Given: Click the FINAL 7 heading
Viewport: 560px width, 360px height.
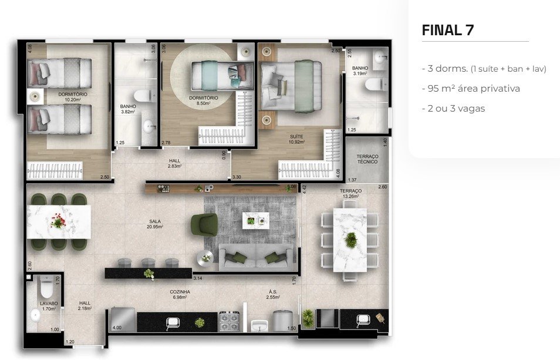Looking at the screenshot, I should tap(448, 31).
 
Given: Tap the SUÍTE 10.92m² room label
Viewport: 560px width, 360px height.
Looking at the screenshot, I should tap(296, 139).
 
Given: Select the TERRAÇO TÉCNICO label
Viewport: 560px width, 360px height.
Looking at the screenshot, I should tap(367, 159).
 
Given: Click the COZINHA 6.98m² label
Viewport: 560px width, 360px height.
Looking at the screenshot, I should tap(180, 294).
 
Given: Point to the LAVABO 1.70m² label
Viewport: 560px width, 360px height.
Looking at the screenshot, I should tap(48, 306).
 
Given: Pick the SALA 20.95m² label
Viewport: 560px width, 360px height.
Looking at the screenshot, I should tap(155, 224).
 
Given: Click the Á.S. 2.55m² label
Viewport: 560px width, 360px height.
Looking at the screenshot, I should tap(272, 294).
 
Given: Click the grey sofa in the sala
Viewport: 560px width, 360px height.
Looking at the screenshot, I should tap(256, 255).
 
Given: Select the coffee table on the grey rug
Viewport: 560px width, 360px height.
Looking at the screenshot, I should tap(256, 221).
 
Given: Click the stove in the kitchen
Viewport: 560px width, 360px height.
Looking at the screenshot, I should tap(229, 321).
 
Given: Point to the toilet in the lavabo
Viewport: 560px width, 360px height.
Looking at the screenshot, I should tap(45, 288).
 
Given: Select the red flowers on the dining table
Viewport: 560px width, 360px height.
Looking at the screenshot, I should tap(57, 221).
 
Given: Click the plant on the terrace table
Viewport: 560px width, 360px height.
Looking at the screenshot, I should tap(350, 239).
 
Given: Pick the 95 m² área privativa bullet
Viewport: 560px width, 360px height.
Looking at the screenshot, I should tap(471, 88).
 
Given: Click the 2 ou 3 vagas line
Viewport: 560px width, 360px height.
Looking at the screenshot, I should tap(453, 108).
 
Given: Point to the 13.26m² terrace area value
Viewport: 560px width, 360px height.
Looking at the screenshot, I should tap(350, 197).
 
